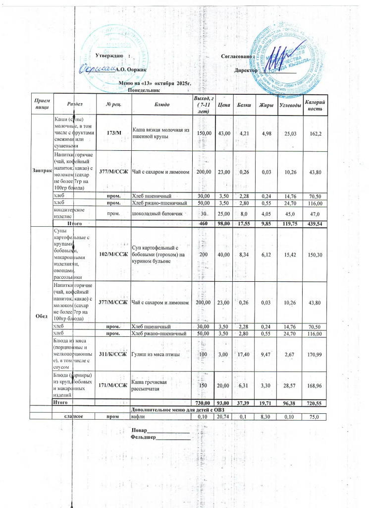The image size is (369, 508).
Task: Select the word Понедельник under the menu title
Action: click(x=144, y=91)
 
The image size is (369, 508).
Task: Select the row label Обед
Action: click(x=42, y=317)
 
